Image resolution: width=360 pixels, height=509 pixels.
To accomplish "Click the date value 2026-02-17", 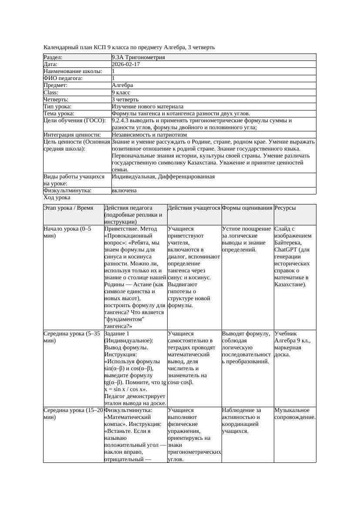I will tap(126, 64).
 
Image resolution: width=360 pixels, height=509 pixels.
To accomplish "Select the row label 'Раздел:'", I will tap(53, 57).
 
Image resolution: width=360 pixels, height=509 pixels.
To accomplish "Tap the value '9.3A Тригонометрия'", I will tap(138, 57).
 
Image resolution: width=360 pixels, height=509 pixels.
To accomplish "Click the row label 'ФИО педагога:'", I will tap(63, 78).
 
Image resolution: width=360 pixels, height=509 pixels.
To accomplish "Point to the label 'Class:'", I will tap(51, 93).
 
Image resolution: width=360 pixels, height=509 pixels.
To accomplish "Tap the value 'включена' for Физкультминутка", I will tap(124, 191).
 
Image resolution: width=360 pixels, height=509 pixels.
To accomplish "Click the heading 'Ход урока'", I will tap(57, 198).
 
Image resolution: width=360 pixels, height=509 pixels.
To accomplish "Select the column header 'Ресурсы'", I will tap(285, 208).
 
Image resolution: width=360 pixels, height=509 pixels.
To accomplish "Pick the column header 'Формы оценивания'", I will tap(247, 208).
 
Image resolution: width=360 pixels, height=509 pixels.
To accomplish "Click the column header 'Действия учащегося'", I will tap(194, 208).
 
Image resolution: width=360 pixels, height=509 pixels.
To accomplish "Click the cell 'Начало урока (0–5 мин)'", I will tap(67, 232).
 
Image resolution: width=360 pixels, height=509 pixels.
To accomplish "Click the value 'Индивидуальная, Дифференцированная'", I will tap(163, 177).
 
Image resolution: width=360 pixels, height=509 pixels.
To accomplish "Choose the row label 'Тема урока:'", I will tap(59, 114).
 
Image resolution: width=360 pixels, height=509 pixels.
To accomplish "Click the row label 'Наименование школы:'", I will tap(73, 71).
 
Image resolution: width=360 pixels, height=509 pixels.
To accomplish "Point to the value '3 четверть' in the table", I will tap(125, 100).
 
